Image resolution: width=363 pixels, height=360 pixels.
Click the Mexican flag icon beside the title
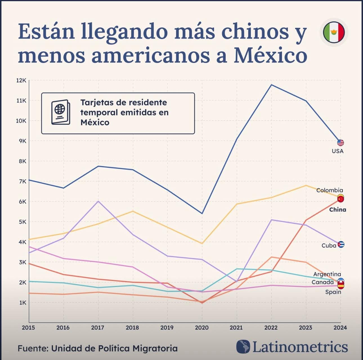334,32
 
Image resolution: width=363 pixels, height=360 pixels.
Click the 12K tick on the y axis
21,80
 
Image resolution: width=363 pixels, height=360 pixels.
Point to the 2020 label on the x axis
202,328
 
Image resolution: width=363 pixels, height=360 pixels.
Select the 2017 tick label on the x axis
98,328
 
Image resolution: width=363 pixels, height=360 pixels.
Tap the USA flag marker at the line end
340,143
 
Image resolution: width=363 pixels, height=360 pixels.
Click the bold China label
337,210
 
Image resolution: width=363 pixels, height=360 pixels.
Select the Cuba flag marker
341,244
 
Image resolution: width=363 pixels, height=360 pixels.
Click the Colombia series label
330,190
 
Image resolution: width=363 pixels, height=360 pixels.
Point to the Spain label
333,292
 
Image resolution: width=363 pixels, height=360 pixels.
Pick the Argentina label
327,274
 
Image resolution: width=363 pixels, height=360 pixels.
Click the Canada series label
322,282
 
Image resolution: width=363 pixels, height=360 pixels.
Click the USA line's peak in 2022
271,85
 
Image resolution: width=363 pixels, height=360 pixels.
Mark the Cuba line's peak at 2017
98,201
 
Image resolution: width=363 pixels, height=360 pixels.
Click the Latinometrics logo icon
243,347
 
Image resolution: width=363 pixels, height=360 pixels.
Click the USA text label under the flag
337,151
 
